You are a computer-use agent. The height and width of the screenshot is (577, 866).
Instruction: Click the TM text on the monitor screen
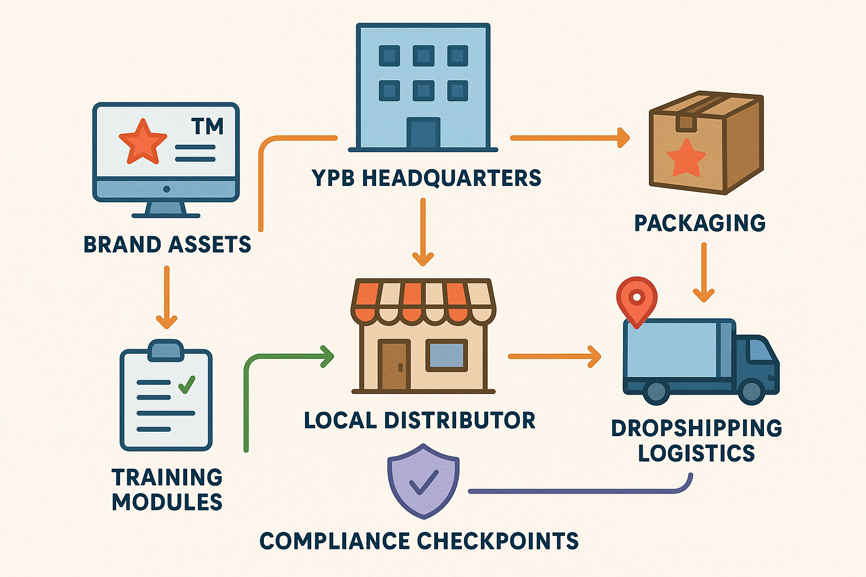[207, 126]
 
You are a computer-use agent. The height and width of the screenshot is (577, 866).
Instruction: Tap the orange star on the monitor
[143, 142]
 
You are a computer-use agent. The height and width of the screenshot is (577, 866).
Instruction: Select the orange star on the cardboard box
[686, 157]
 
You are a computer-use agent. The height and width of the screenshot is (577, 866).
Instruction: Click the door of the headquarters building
[423, 133]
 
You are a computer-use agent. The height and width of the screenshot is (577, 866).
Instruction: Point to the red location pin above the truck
[637, 298]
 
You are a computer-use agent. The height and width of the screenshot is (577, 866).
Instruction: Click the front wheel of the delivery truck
[750, 390]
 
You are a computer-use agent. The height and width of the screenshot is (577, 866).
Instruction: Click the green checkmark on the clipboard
[186, 384]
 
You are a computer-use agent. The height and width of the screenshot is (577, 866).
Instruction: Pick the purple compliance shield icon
[423, 480]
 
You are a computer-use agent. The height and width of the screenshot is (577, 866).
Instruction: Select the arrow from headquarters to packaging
[569, 137]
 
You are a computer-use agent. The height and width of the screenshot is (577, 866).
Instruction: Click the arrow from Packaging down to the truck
[703, 272]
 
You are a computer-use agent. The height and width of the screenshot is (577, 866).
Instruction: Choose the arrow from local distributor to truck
[554, 357]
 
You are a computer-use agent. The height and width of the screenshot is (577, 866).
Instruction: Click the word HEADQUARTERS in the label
[451, 178]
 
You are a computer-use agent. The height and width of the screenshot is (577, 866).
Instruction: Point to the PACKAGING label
[700, 223]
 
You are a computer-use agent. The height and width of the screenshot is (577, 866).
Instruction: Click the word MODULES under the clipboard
[167, 502]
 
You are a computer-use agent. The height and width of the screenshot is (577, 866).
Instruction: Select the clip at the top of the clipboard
[166, 349]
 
